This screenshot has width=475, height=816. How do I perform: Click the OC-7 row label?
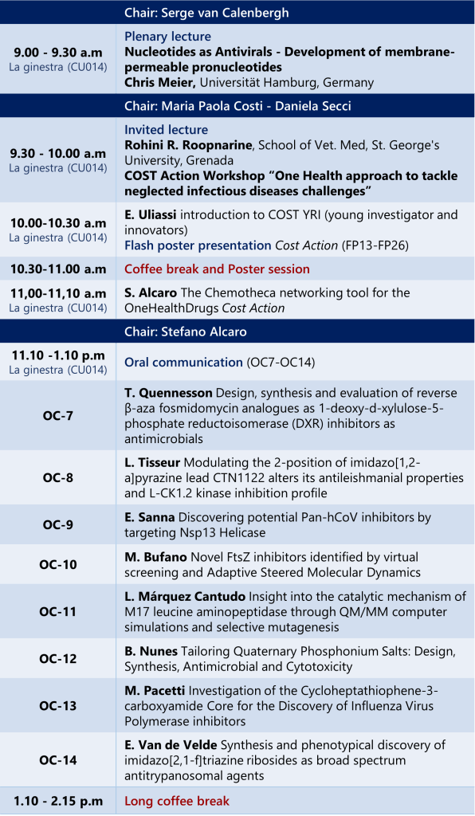click(57, 416)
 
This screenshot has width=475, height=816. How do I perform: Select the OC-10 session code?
click(57, 564)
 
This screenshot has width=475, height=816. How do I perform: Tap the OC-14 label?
click(57, 760)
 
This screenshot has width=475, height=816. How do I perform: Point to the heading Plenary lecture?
click(167, 37)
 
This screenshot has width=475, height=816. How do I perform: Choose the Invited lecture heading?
click(166, 130)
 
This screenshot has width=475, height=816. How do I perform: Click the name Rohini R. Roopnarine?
click(189, 145)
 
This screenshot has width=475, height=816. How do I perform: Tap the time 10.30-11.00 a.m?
click(58, 269)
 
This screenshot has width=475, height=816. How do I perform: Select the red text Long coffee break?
click(177, 801)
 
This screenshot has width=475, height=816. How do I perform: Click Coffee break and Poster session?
click(217, 269)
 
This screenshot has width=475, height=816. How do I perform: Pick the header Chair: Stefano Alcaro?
click(185, 331)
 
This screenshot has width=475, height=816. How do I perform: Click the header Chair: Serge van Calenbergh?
click(206, 13)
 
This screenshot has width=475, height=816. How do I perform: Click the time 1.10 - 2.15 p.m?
click(58, 802)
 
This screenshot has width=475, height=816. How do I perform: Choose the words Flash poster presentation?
click(198, 245)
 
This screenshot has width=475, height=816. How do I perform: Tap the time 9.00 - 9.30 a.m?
click(58, 53)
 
